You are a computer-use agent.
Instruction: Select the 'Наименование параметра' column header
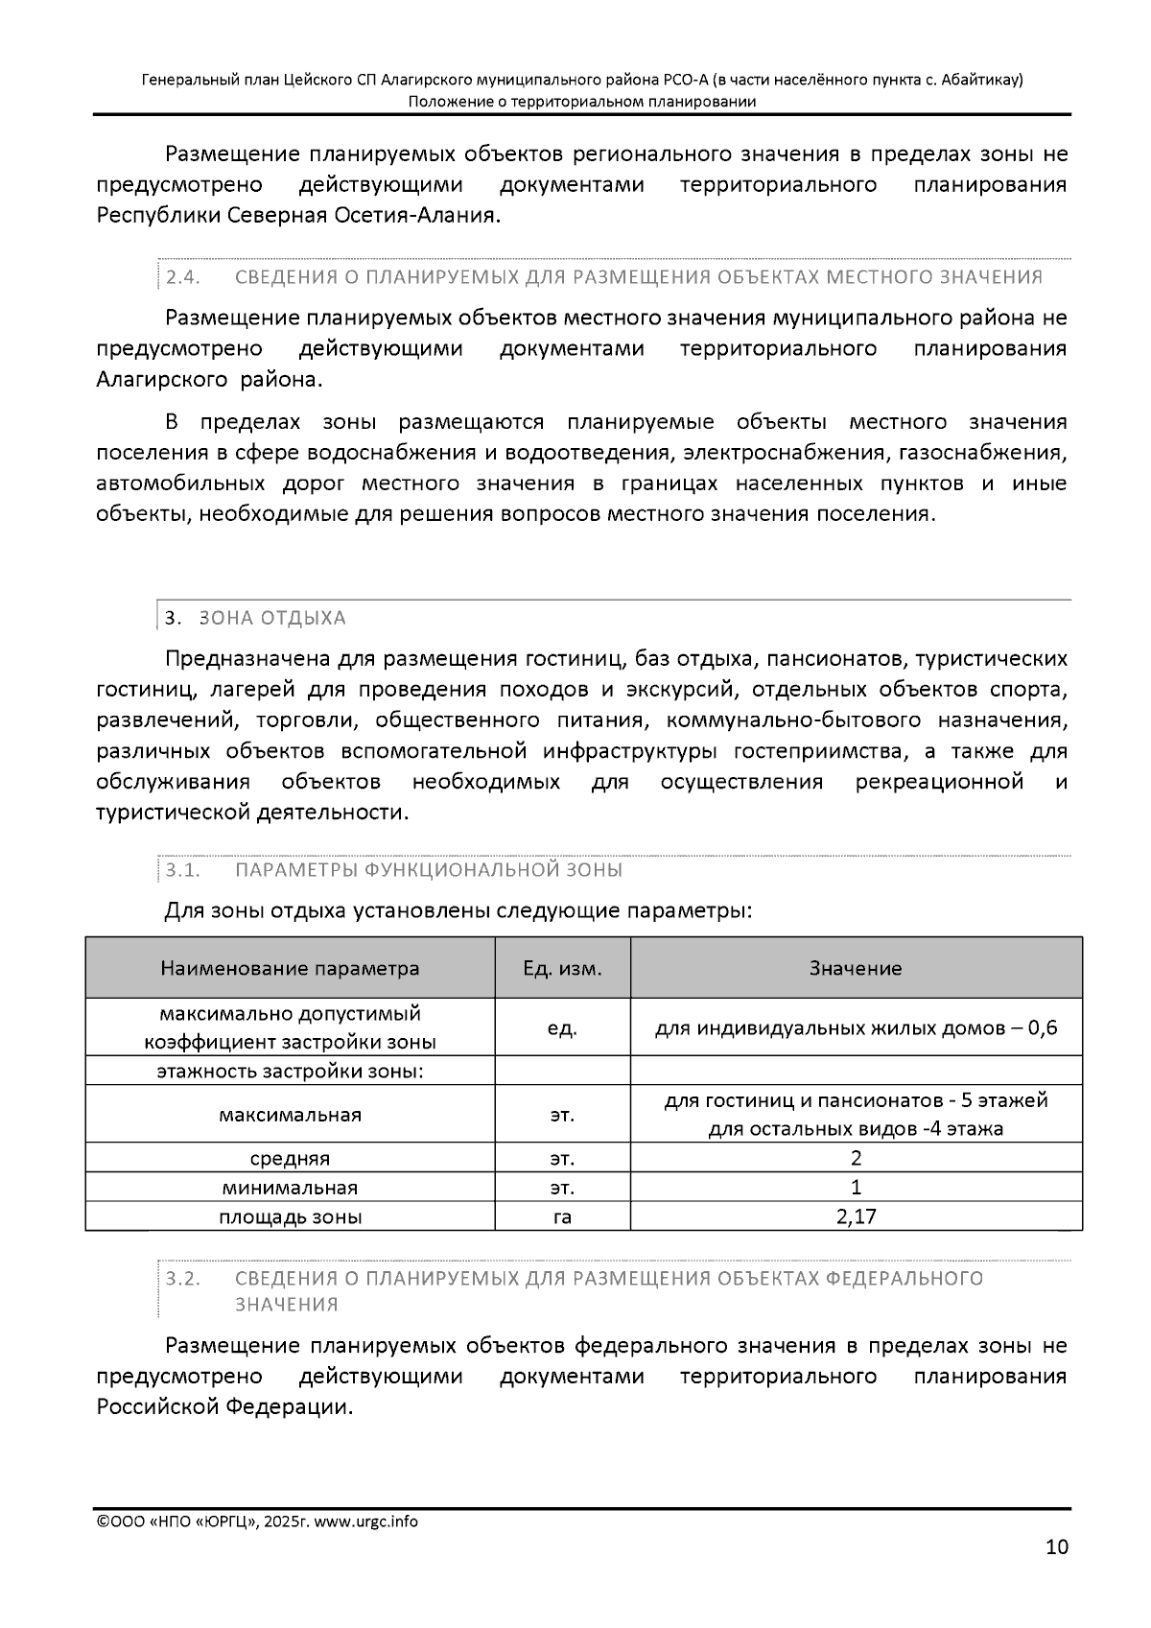290,968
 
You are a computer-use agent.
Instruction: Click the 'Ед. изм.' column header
562,968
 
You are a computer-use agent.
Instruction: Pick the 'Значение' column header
856,968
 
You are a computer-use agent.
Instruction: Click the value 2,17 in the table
856,1217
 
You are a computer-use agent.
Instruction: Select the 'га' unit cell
562,1217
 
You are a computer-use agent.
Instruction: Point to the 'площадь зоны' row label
290,1217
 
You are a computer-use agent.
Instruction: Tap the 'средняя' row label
290,1158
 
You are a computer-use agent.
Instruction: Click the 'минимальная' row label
290,1188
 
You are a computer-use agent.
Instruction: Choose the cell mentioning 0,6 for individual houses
856,1028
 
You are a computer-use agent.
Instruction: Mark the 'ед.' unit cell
562,1028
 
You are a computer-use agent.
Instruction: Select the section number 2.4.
182,277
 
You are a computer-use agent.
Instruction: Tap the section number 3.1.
182,870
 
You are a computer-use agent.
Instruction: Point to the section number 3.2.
182,1279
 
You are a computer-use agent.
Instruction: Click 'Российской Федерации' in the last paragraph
224,1407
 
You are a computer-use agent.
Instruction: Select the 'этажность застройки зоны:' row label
290,1072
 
